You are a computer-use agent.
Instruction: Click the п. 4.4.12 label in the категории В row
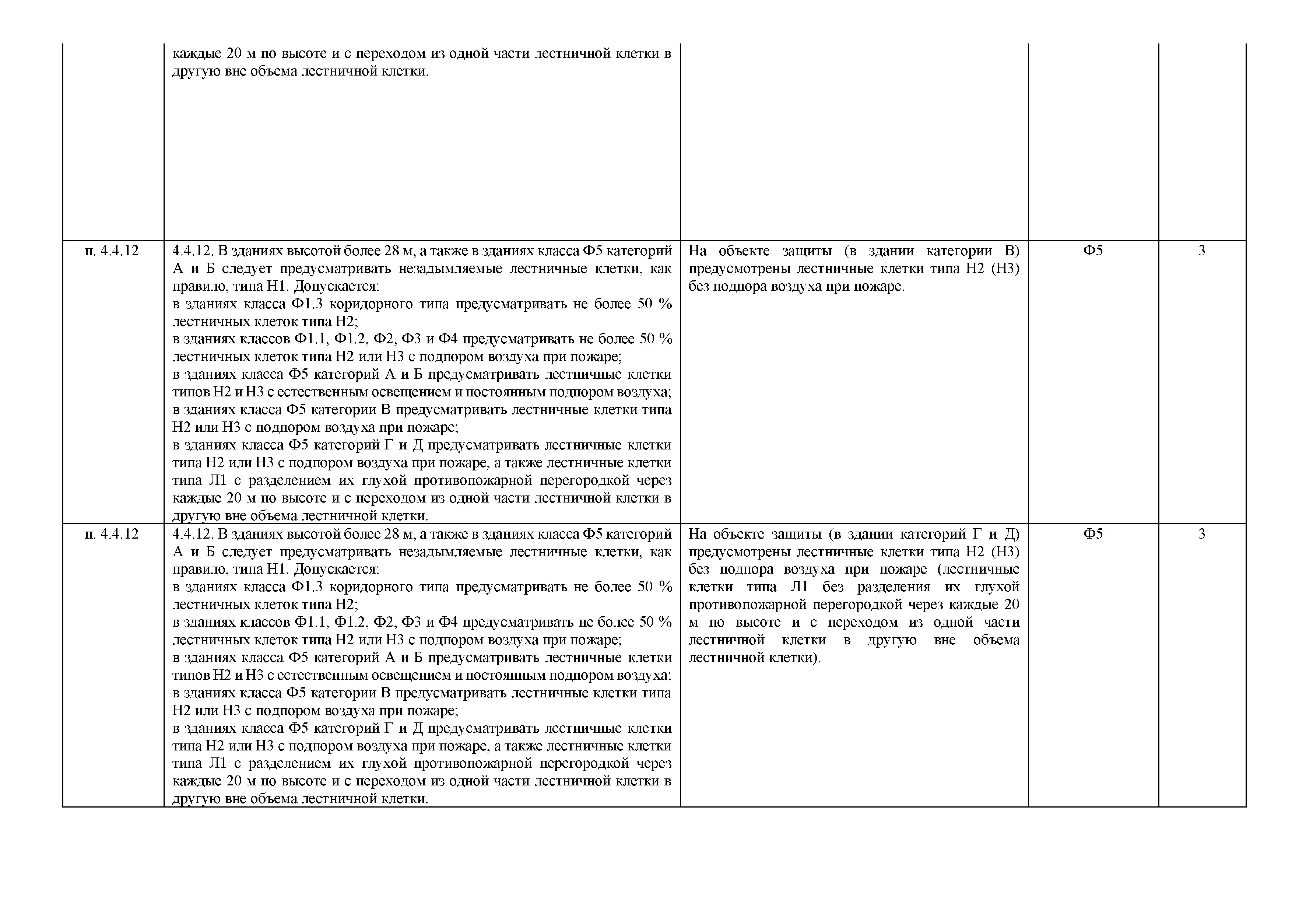tap(112, 251)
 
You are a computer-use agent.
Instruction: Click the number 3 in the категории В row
tap(1202, 251)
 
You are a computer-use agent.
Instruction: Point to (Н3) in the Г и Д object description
tap(1005, 551)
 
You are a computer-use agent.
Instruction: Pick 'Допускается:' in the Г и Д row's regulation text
tap(337, 569)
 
